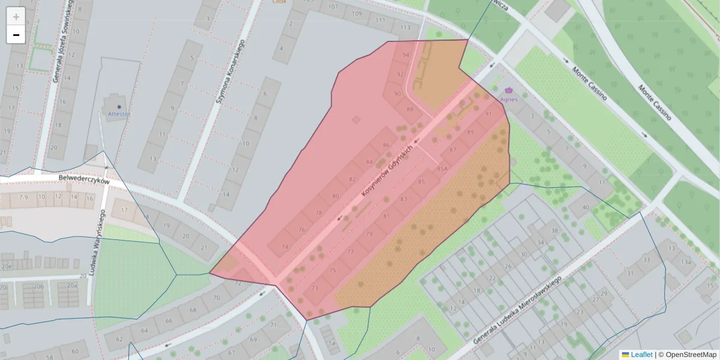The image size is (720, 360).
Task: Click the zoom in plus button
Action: [x=16, y=17]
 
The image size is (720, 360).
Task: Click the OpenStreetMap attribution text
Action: [x=691, y=355]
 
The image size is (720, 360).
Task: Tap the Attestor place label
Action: [x=119, y=113]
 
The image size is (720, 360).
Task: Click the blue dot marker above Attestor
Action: [x=119, y=106]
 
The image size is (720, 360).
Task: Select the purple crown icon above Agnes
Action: [x=508, y=90]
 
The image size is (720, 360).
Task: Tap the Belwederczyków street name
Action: [x=84, y=180]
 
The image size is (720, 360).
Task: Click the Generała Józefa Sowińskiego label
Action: [x=62, y=40]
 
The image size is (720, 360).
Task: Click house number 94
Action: [x=406, y=55]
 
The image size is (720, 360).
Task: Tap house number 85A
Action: [x=442, y=169]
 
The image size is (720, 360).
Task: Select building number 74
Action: [x=284, y=247]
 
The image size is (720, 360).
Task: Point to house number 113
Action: [x=406, y=28]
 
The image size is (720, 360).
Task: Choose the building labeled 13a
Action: [x=685, y=262]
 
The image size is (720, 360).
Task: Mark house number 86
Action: [x=386, y=146]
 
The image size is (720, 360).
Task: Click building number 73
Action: [x=314, y=289]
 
